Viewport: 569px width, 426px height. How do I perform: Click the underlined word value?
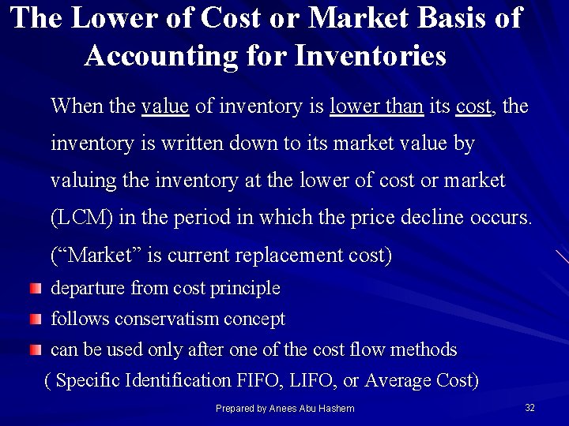[x=165, y=106]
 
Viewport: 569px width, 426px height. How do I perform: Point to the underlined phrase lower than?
[x=376, y=106]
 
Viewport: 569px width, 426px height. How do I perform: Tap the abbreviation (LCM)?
[x=81, y=218]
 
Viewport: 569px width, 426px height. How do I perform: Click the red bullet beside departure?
[x=36, y=289]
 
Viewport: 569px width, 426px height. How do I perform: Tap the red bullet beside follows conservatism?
[x=36, y=319]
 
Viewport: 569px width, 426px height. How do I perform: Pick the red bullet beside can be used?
[x=36, y=349]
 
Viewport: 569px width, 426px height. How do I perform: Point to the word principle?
[x=246, y=289]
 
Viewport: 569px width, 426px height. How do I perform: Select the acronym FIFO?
[x=257, y=380]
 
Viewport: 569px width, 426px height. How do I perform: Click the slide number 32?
[x=529, y=407]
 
